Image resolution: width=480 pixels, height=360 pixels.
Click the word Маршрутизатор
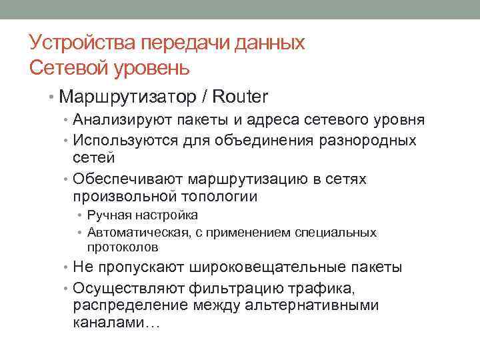126,97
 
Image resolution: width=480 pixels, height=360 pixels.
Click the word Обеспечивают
128,180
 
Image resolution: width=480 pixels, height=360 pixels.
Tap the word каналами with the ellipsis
116,323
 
